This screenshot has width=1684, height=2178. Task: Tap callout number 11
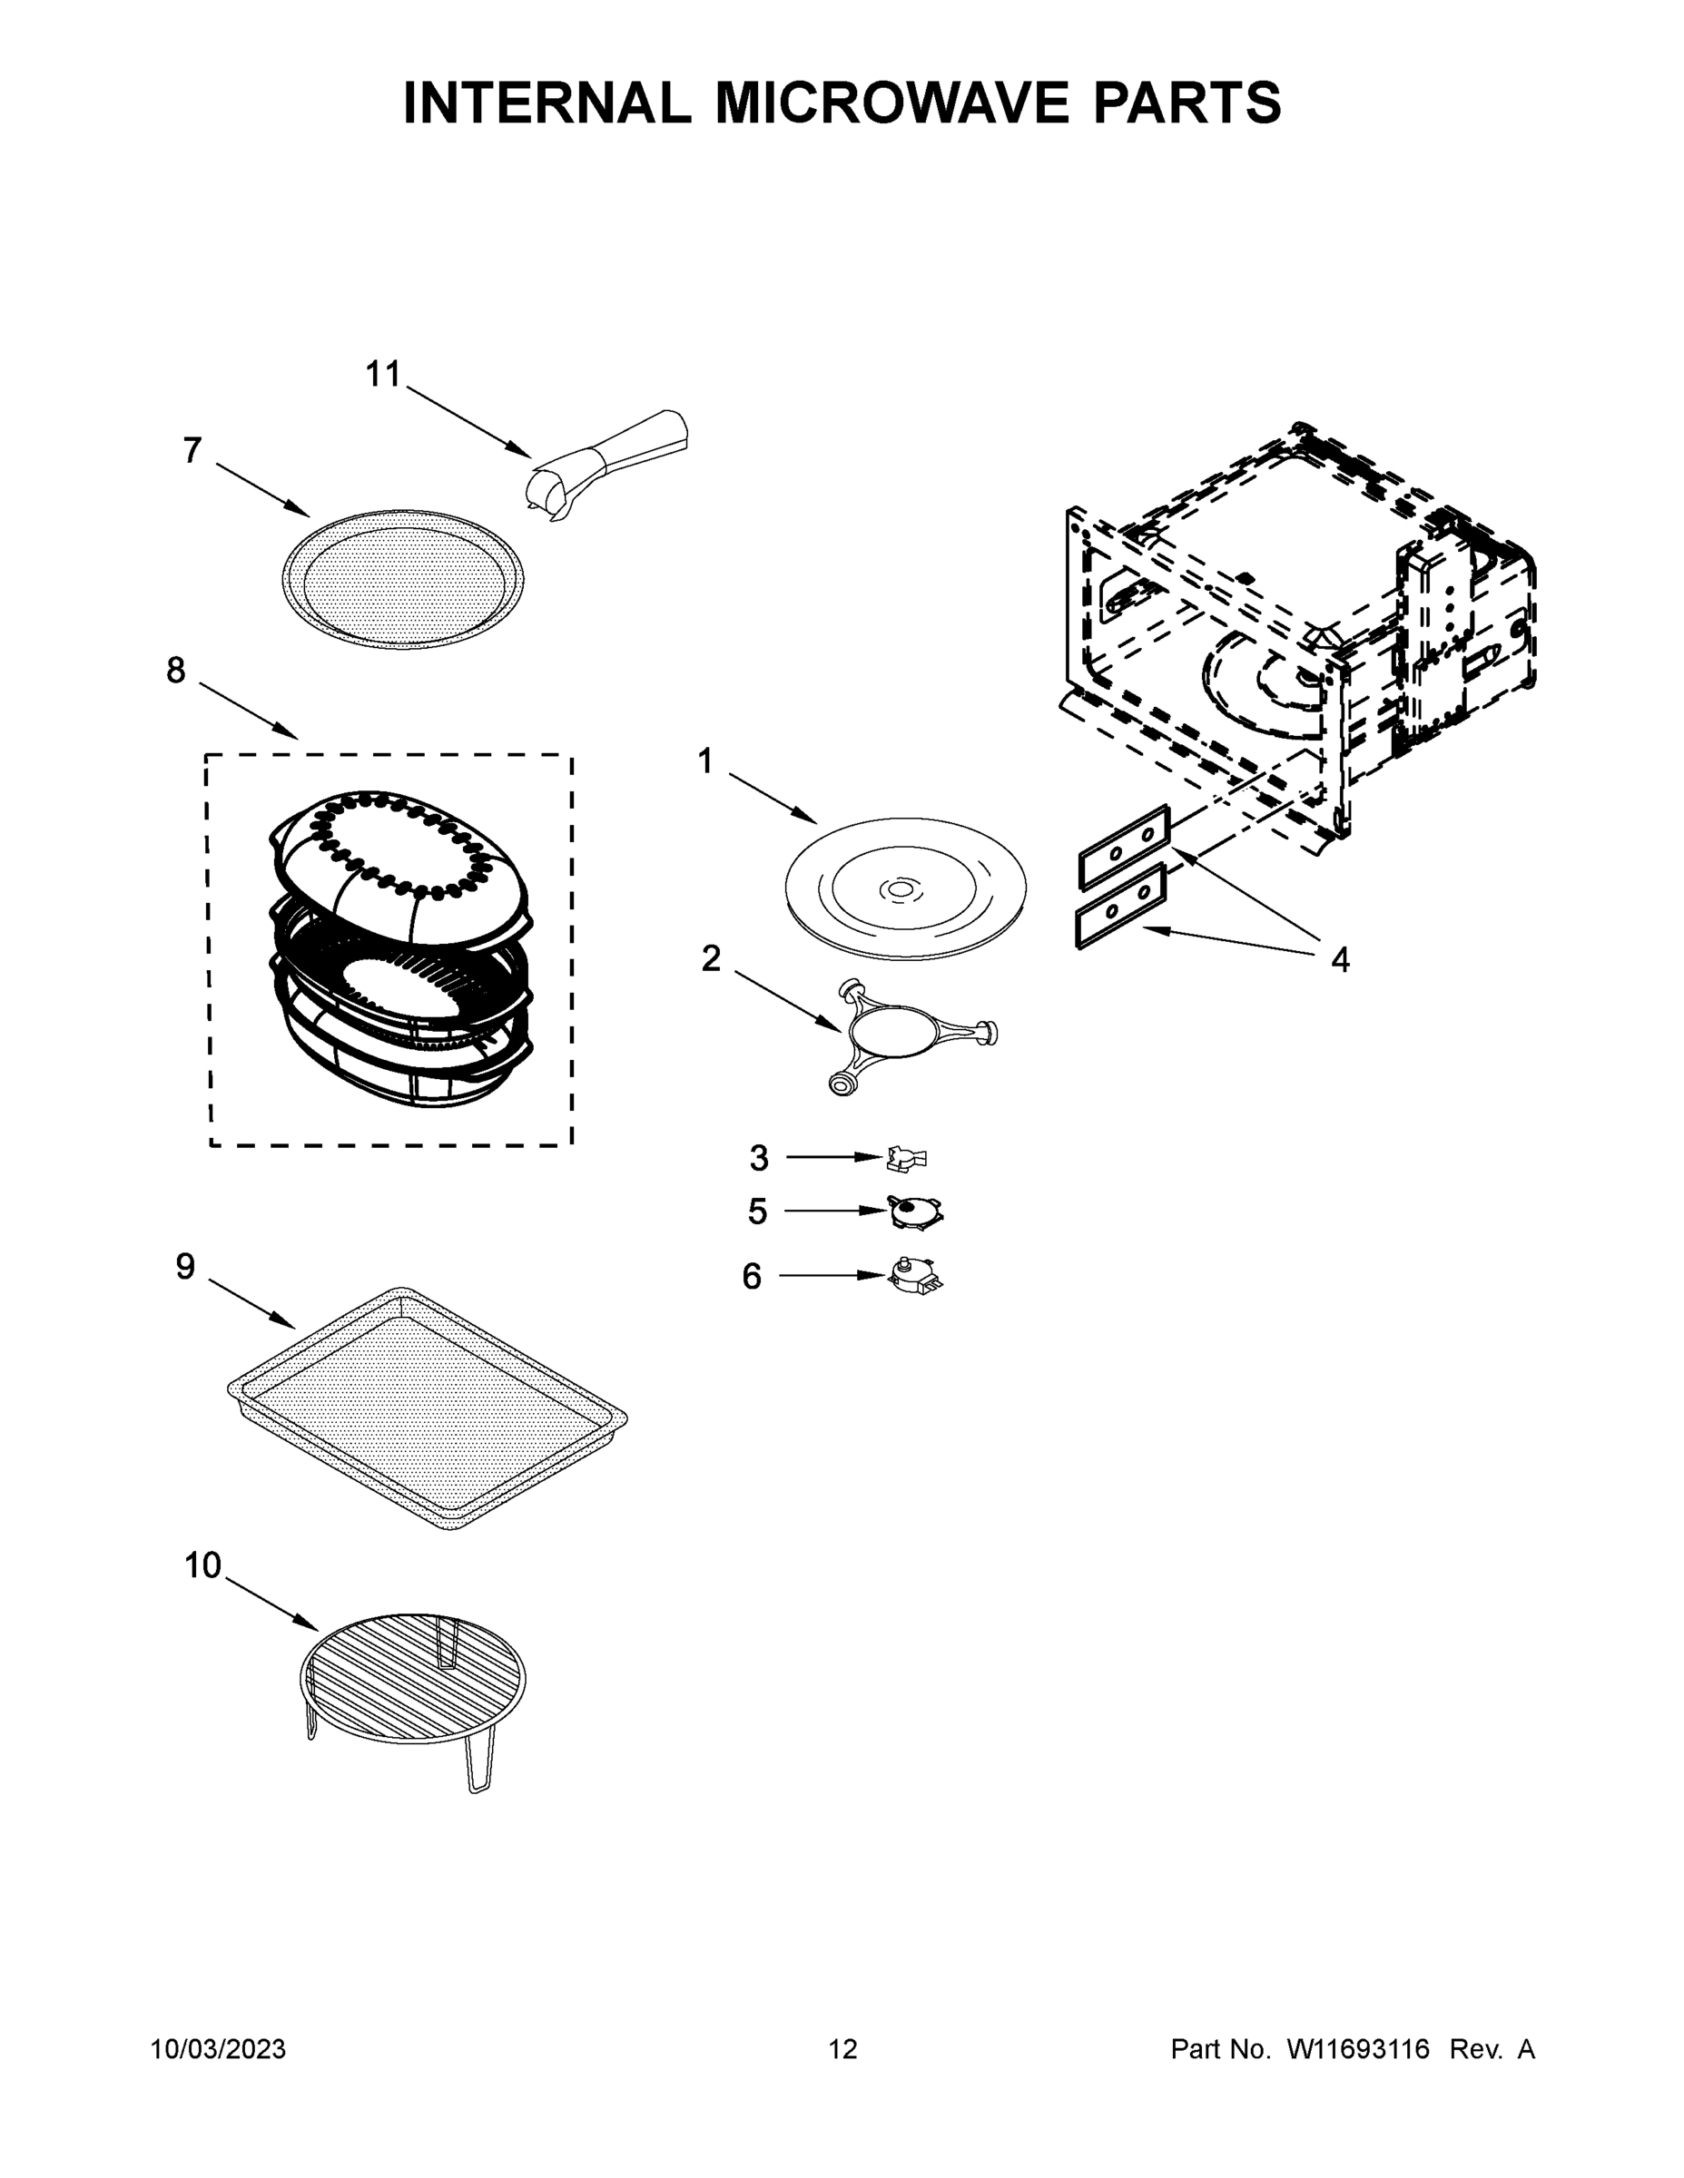[382, 375]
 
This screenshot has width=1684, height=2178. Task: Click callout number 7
[192, 451]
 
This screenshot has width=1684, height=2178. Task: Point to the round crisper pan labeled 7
[403, 578]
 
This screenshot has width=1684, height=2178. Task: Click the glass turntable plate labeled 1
[905, 888]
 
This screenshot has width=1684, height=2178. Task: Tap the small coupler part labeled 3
[906, 1157]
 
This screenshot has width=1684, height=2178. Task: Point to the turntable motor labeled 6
[916, 1273]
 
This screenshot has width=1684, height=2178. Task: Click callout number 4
[1340, 960]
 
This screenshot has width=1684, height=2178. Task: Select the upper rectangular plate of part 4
[1122, 847]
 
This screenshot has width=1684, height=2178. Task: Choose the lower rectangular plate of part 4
[1120, 906]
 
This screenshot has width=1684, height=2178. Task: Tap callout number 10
[202, 1565]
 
